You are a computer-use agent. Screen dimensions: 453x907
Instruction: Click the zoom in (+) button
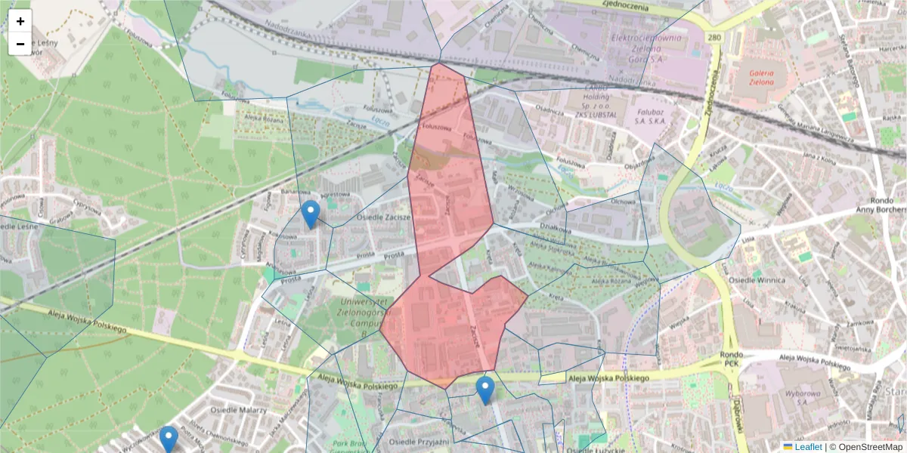click(x=20, y=21)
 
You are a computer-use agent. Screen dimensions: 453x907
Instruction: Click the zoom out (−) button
click(x=20, y=44)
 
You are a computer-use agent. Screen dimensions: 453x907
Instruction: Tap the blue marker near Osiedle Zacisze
click(x=310, y=214)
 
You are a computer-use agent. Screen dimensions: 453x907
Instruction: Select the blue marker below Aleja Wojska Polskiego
click(x=485, y=390)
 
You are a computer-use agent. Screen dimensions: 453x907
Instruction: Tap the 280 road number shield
click(x=715, y=36)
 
